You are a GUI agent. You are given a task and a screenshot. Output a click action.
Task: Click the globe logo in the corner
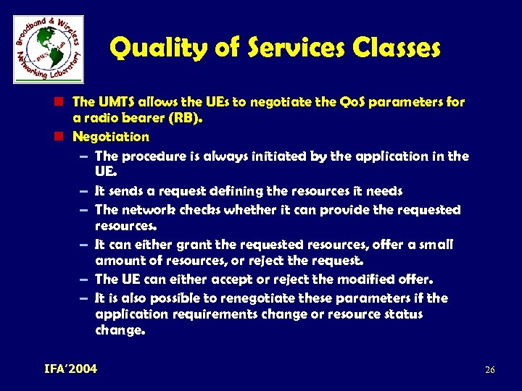[x=49, y=49]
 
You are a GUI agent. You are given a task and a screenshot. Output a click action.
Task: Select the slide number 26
[x=489, y=370]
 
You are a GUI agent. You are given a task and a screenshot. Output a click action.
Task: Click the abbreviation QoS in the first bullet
[x=351, y=102]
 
